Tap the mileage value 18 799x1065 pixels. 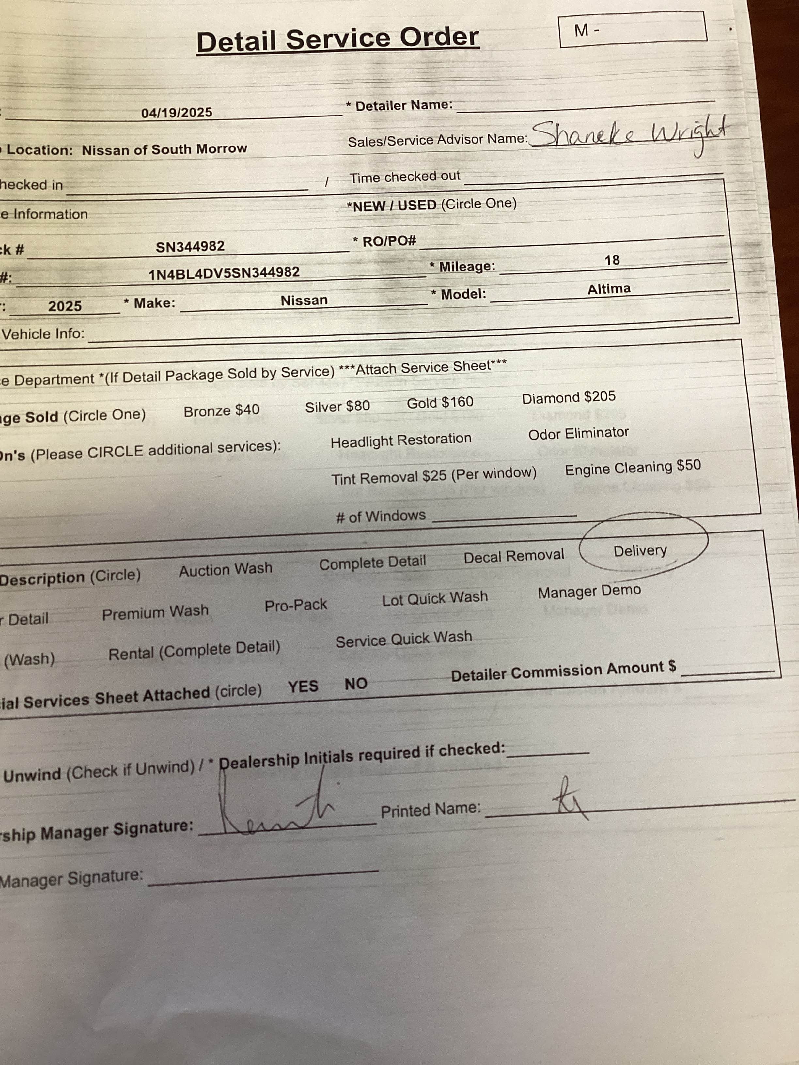click(612, 260)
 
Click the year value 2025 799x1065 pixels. click(65, 306)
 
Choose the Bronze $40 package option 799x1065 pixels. click(222, 410)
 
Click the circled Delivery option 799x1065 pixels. click(640, 551)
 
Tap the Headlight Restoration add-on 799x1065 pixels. click(401, 440)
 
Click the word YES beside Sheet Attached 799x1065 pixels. click(303, 686)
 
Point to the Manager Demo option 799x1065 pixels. click(589, 592)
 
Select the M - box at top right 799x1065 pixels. click(632, 30)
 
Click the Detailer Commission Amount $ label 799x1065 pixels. click(563, 671)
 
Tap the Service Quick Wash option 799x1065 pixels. click(404, 640)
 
